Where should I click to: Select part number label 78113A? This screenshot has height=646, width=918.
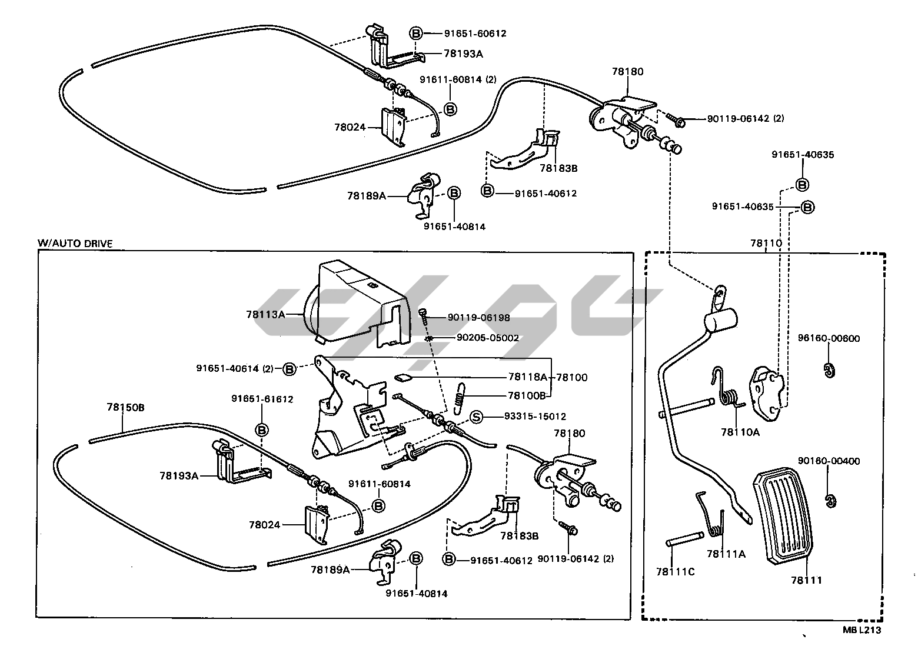click(265, 315)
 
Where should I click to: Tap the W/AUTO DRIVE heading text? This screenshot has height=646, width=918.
click(75, 243)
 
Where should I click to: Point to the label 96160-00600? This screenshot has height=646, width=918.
click(829, 338)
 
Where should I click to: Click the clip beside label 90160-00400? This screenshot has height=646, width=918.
click(830, 500)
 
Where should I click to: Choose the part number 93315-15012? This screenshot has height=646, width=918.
click(535, 417)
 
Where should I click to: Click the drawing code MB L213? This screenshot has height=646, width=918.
click(862, 630)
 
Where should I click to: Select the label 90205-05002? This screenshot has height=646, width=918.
click(488, 338)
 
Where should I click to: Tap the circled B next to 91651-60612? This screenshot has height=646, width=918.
click(415, 34)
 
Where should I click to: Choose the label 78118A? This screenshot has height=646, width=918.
click(527, 377)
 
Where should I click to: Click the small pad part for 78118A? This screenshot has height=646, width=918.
click(403, 377)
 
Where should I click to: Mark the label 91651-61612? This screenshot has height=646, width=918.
click(262, 399)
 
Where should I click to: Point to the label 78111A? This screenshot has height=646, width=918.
click(726, 554)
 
